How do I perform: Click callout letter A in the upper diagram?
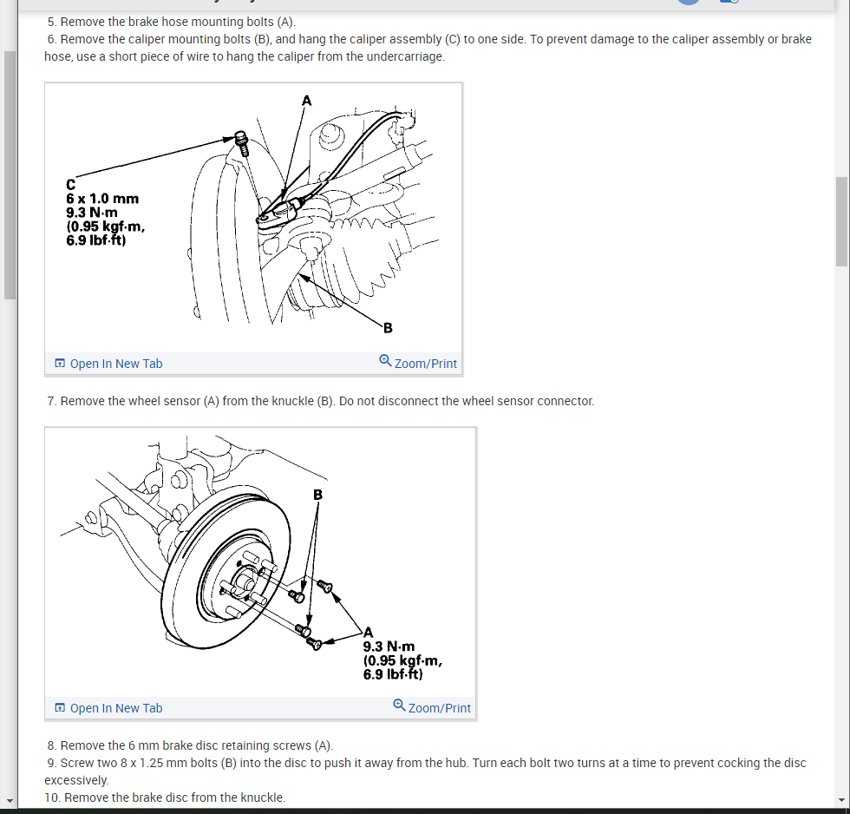point(305,101)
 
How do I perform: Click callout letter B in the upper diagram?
point(388,327)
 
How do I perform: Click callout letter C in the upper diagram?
point(70,184)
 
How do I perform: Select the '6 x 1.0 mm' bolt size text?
point(102,199)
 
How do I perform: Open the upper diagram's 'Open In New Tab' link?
point(108,364)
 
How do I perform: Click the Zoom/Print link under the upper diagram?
point(418,364)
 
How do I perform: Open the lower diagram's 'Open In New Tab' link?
point(108,708)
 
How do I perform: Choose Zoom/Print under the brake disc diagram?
point(432,708)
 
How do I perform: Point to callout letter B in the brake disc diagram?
point(317,494)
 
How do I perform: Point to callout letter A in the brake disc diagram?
point(369,632)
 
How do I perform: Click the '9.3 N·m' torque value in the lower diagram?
point(389,647)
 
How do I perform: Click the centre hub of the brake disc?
point(240,577)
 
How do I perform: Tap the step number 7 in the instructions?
point(52,401)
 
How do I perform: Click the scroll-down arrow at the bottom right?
point(840,800)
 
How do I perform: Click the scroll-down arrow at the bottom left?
point(10,800)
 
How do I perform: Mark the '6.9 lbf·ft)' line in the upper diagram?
point(95,240)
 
